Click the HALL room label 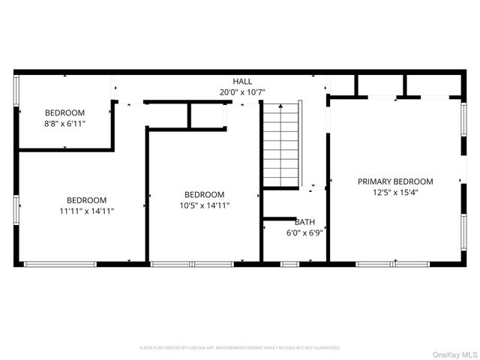(x=242, y=81)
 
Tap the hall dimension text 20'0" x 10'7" (x=242, y=92)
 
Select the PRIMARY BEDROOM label (x=395, y=181)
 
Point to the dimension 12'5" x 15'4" (x=395, y=193)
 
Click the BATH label (x=304, y=222)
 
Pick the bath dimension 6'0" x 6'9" (x=304, y=233)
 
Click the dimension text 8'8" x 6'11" (x=64, y=124)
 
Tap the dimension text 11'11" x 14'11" (x=87, y=211)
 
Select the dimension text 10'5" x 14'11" (x=204, y=205)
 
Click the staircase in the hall (x=281, y=146)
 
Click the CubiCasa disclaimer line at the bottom (x=240, y=348)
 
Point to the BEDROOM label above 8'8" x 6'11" (x=64, y=113)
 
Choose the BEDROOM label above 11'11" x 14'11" (x=87, y=200)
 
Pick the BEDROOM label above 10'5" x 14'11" (x=204, y=194)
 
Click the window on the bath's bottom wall (x=289, y=264)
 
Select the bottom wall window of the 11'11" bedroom (x=60, y=264)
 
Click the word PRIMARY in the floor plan (x=376, y=181)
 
